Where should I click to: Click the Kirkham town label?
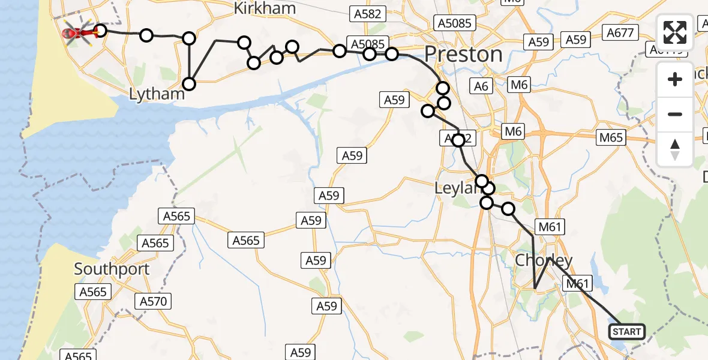(265, 8)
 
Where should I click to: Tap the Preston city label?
(463, 55)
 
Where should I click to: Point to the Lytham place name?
(157, 94)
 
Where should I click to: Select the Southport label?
(112, 269)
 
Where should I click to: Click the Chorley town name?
(544, 260)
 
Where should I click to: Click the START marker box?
(627, 331)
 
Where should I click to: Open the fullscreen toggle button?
(675, 32)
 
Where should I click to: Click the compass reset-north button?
(675, 149)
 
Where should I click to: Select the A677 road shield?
(620, 32)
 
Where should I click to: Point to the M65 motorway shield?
(611, 138)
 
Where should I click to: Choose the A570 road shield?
(153, 301)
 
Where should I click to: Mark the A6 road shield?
(481, 86)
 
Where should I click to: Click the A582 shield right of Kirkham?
(368, 14)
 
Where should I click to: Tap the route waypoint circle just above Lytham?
(190, 83)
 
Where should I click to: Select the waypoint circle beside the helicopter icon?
(100, 31)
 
